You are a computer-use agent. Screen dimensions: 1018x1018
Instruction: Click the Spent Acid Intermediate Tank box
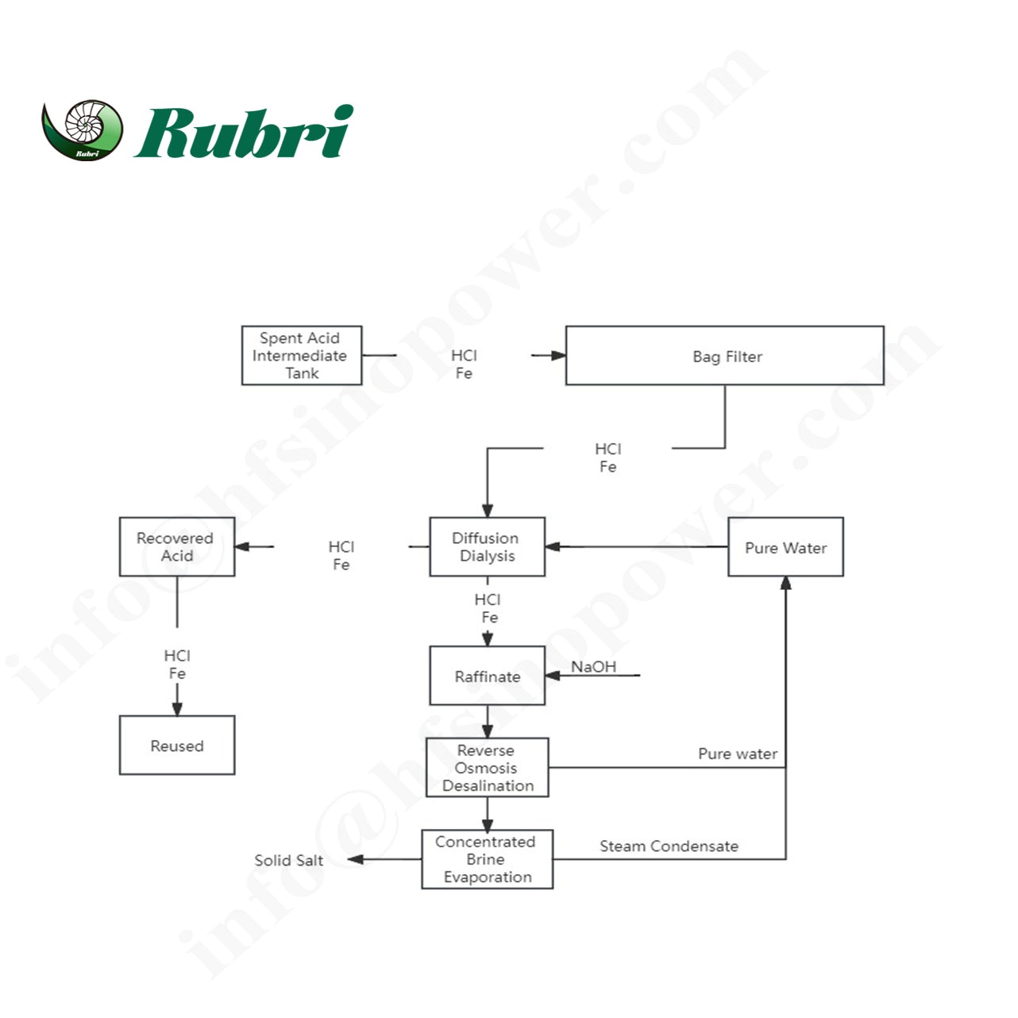click(302, 356)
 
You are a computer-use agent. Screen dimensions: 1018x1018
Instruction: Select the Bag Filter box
click(724, 356)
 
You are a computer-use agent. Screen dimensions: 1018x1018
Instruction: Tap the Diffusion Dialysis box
click(487, 547)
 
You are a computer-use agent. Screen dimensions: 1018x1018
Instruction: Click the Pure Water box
click(785, 547)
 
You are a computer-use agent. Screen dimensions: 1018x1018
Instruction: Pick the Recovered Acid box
click(176, 547)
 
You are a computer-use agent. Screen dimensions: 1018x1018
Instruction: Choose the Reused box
click(176, 746)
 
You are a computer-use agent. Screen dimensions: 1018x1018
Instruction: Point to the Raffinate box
click(487, 676)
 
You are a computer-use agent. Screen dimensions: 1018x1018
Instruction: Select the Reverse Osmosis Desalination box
click(487, 768)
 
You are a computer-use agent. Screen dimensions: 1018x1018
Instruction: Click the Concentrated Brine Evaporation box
click(487, 859)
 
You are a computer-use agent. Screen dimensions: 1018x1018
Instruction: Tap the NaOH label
click(593, 666)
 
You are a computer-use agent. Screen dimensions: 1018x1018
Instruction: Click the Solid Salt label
click(288, 860)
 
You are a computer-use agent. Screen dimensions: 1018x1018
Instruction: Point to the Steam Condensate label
click(669, 846)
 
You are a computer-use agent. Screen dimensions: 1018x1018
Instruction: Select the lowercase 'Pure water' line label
click(737, 754)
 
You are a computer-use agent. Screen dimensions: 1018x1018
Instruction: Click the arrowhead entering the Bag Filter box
click(558, 356)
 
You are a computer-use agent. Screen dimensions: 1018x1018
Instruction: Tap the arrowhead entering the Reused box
click(177, 708)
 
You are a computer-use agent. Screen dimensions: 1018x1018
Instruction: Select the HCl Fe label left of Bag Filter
click(464, 364)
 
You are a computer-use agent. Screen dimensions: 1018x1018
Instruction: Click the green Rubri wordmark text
click(245, 132)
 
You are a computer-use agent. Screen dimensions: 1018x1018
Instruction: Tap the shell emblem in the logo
click(83, 129)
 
